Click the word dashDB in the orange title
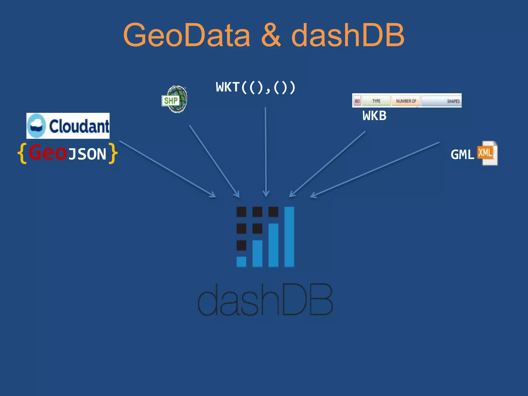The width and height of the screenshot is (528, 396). tap(348, 35)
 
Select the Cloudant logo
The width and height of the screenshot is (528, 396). tap(68, 126)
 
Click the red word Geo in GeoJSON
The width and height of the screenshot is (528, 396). tap(48, 153)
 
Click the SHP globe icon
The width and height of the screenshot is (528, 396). tap(175, 99)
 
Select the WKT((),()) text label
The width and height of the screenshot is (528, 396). tap(255, 87)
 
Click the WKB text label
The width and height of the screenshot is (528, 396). tap(374, 116)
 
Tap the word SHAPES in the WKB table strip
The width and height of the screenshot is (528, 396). tap(453, 101)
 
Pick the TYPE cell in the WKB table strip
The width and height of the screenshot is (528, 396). tap(376, 101)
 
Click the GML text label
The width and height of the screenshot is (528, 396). tap(462, 155)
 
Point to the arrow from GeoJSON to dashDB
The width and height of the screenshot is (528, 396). tap(168, 169)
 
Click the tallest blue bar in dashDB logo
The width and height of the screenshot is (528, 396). tap(289, 237)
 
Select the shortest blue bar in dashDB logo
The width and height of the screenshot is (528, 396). tap(241, 261)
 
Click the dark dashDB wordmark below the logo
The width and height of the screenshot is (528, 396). tap(265, 300)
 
